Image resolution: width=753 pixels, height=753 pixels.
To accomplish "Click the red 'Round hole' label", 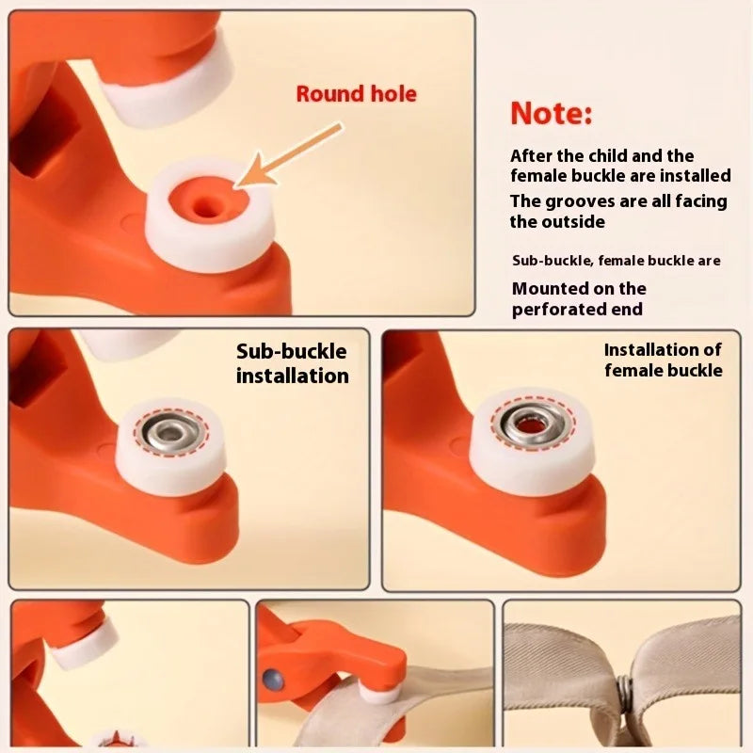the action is [x=357, y=94].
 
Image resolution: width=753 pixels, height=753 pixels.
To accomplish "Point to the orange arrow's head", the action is [x=254, y=172].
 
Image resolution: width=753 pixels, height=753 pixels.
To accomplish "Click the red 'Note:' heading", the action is [x=552, y=114].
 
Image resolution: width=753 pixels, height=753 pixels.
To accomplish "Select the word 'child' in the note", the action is [x=608, y=155].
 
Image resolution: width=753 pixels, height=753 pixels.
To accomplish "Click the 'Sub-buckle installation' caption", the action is [x=293, y=363].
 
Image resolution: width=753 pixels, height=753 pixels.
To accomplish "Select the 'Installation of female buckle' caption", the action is [x=664, y=360].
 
